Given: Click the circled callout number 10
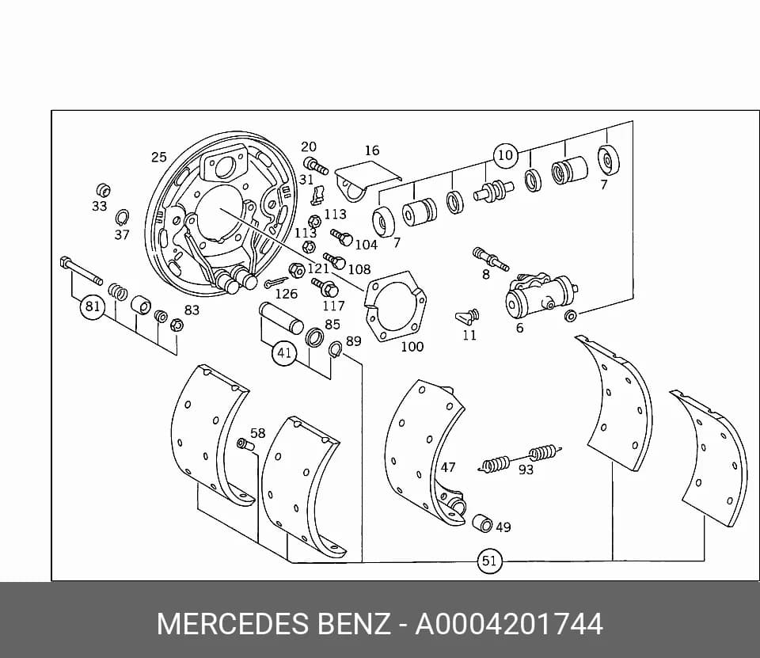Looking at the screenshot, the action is click(505, 155).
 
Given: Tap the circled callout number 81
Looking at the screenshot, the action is click(92, 306).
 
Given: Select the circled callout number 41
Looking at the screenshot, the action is click(284, 352).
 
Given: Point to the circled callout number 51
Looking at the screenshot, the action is click(489, 561).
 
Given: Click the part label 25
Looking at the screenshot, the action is click(159, 157).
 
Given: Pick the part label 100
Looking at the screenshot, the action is click(412, 347).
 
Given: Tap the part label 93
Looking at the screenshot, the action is click(526, 470).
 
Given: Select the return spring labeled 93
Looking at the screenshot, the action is click(520, 458).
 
